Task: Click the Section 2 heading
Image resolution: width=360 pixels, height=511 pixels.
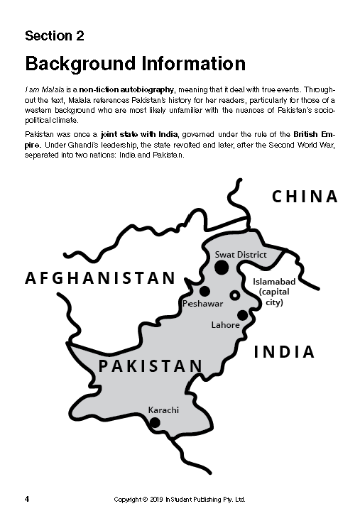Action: click(59, 35)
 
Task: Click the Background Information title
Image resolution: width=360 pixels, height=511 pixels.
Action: click(135, 63)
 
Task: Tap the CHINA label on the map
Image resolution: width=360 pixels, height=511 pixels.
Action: click(305, 197)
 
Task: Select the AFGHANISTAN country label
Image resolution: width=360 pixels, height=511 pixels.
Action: click(100, 278)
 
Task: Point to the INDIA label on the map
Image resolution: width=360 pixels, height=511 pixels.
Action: click(284, 351)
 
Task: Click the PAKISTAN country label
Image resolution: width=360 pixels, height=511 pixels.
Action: click(151, 366)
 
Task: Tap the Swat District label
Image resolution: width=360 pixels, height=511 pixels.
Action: click(241, 254)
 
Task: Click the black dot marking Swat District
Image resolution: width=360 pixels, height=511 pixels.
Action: click(222, 268)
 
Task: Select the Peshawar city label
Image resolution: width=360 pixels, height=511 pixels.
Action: click(203, 303)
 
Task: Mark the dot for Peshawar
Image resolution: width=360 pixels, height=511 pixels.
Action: click(204, 291)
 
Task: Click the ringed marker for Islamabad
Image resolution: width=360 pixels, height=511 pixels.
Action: click(235, 295)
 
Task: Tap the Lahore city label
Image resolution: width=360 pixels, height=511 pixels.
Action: click(226, 325)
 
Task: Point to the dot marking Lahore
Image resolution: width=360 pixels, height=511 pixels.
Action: click(243, 315)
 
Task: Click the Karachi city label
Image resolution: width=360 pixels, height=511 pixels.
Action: click(163, 410)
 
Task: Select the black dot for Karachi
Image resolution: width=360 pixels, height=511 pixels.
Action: click(155, 422)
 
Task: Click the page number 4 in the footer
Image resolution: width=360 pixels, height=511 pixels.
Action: click(27, 499)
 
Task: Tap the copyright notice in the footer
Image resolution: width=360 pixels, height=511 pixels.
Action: click(180, 499)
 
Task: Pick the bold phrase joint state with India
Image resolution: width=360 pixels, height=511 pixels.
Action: click(119, 134)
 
